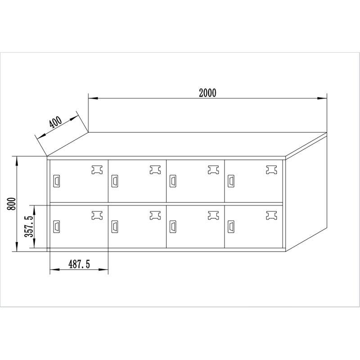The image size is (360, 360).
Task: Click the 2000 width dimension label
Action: pos(207,93)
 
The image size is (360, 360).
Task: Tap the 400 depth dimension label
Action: pos(55,122)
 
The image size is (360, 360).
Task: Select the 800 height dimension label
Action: pos(12,204)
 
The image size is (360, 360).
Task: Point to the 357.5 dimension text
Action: pos(29,226)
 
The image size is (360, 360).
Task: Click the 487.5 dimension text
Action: pos(79,264)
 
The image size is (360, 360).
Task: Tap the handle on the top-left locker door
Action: pos(57,181)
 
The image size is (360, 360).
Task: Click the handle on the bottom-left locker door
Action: pos(57,227)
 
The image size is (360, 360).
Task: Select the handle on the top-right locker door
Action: pos(231,181)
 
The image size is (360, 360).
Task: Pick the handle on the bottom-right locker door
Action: pos(231,227)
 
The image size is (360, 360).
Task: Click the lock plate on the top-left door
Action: pos(97,170)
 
